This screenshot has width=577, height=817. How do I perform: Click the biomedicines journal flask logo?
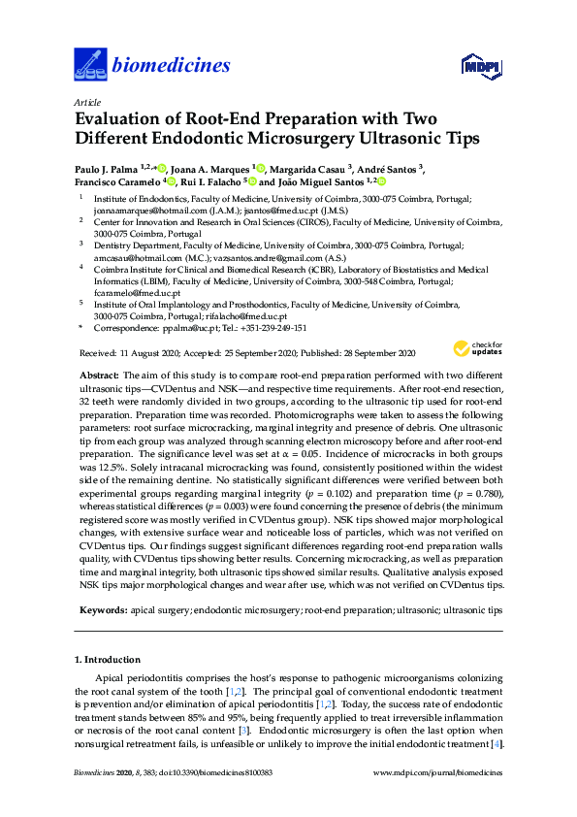[90, 66]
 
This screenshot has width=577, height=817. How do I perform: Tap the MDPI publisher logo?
[482, 67]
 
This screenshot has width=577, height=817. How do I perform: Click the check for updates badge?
[477, 348]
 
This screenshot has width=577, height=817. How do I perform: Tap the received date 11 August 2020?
[151, 354]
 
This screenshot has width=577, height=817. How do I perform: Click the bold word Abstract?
[98, 375]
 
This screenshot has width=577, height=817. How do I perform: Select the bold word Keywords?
[102, 611]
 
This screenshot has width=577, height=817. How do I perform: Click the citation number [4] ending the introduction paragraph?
[497, 743]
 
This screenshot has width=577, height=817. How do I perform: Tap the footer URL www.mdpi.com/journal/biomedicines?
[439, 800]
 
